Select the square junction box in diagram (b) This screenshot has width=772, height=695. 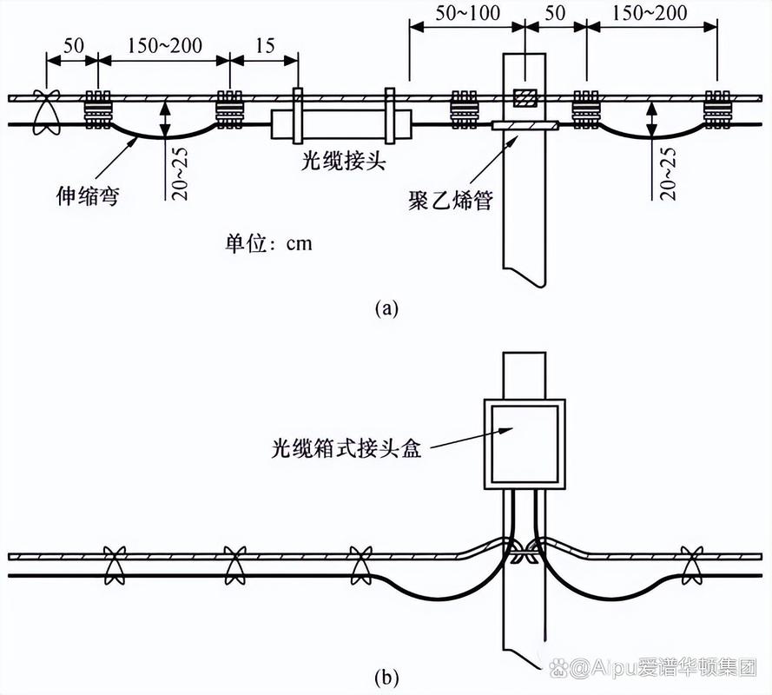524,443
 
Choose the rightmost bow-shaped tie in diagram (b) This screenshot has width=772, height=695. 691,565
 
